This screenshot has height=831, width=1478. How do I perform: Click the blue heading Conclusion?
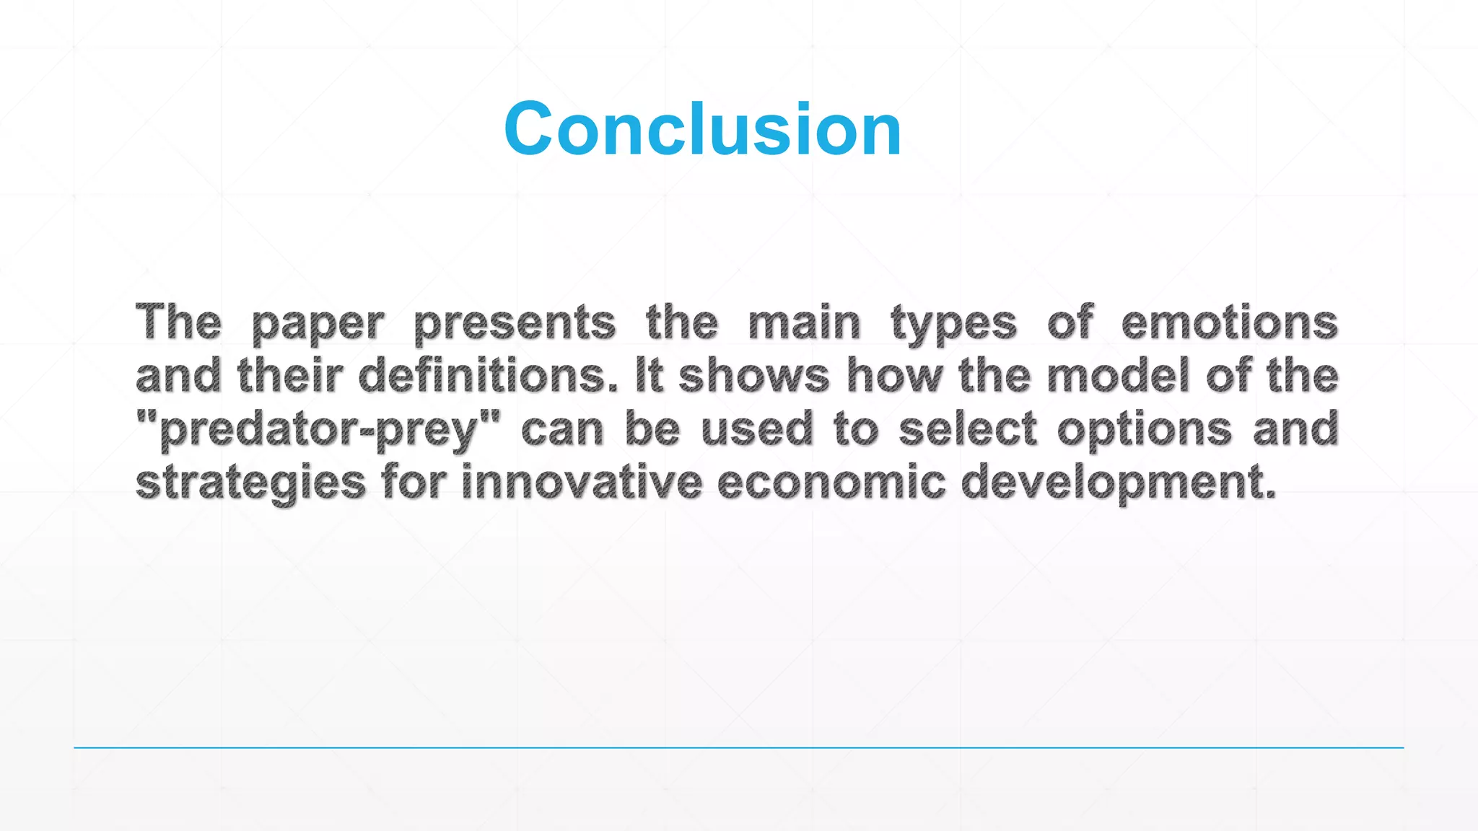pos(702,129)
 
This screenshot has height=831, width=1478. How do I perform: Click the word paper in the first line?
pos(318,324)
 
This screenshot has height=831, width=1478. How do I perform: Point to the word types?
pos(953,324)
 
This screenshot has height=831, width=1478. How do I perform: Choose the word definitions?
pos(488,376)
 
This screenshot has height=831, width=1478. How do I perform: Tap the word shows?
pos(753,376)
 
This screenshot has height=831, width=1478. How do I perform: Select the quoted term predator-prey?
pos(318,430)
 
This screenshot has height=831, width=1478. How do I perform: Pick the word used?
pos(756,429)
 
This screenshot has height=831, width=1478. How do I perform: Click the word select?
pos(968,429)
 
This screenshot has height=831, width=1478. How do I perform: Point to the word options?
pos(1144,431)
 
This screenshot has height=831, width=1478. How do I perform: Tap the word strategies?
pos(250,483)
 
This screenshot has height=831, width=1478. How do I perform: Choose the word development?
pos(1118,483)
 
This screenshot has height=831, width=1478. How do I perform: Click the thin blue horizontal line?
pos(738,748)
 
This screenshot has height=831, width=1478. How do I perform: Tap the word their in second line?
pos(289,376)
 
